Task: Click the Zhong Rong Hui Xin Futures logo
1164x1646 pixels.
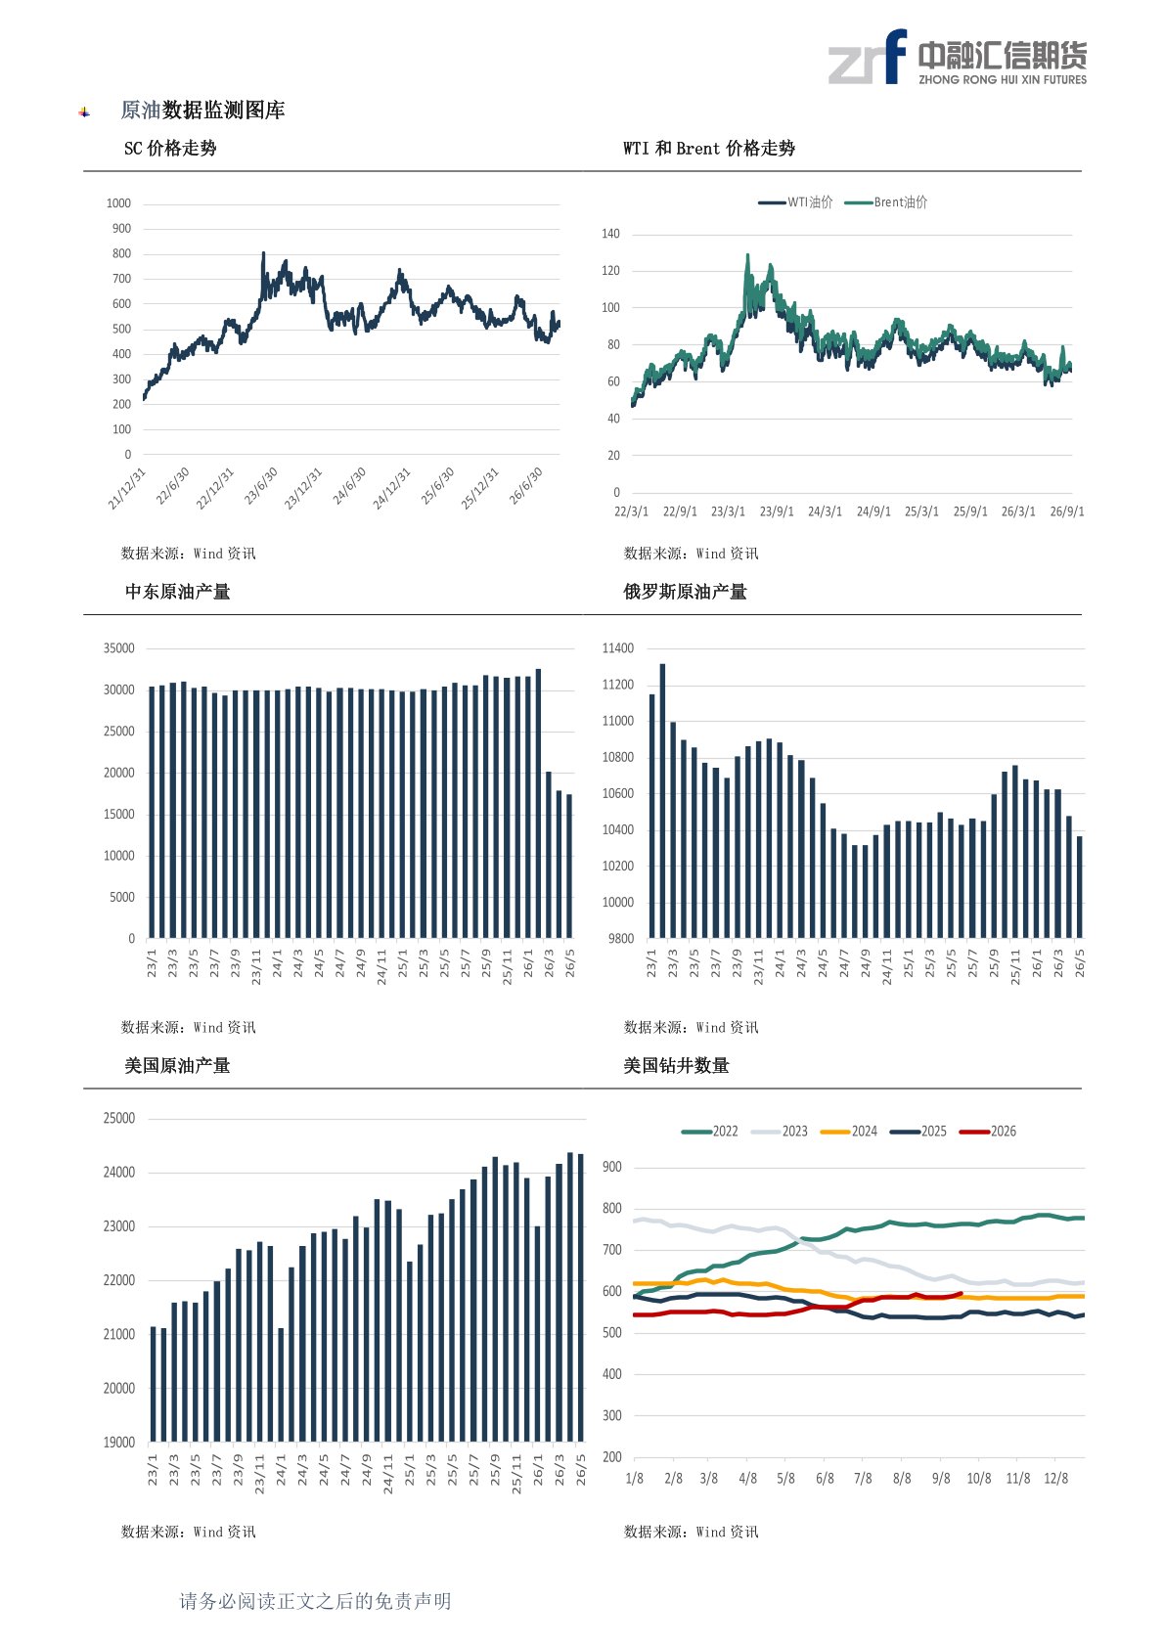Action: pos(957,58)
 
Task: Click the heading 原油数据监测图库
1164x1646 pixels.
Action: pos(202,111)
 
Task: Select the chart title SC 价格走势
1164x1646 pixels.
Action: pos(170,149)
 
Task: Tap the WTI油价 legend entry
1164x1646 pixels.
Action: pos(795,202)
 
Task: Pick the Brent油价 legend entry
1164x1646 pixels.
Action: pos(885,202)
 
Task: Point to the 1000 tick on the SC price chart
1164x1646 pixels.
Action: pos(118,203)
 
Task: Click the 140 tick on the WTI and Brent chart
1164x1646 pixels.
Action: pos(610,235)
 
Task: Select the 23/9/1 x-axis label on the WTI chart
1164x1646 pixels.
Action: pos(777,512)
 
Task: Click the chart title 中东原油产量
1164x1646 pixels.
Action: pos(177,592)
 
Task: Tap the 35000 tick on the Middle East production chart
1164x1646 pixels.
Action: pos(119,648)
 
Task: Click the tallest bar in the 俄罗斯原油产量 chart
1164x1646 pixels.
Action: pos(662,801)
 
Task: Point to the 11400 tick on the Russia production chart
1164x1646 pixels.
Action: pos(617,648)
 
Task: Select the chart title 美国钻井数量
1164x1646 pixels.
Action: pos(676,1065)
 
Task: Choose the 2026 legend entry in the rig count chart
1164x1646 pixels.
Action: pos(988,1132)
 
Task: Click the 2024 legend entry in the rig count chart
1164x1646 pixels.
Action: pos(849,1132)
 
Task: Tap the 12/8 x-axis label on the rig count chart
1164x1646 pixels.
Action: pos(1056,1479)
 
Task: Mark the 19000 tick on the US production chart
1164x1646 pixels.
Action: pos(119,1443)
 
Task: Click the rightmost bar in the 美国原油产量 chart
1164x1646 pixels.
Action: pos(580,1298)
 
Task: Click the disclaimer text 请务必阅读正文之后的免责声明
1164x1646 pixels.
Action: pos(315,1601)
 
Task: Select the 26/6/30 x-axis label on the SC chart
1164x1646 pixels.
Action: pos(525,486)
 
